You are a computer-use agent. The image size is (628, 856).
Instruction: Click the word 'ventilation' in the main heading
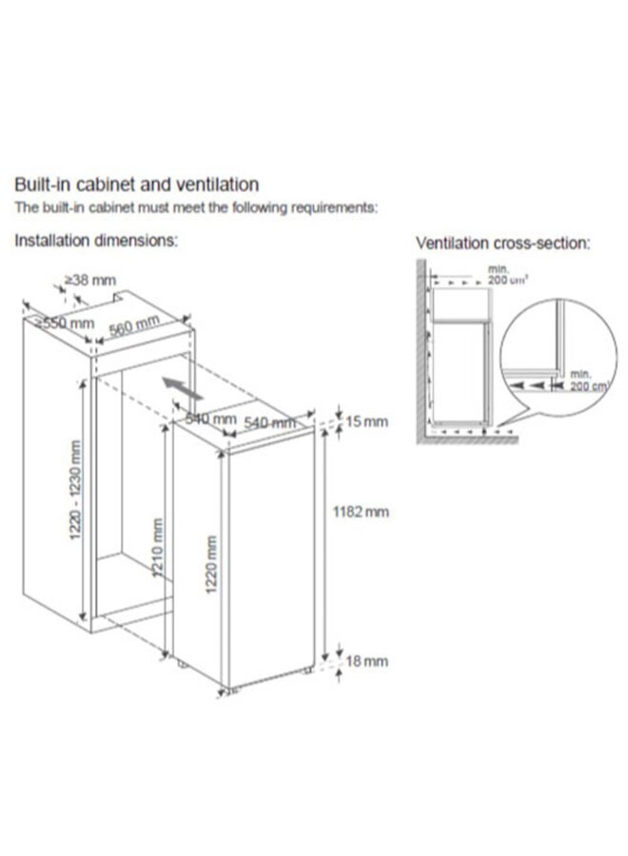tap(215, 185)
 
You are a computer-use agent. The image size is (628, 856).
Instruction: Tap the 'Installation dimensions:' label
tap(95, 242)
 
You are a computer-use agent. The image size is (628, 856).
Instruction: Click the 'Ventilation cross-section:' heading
tap(502, 243)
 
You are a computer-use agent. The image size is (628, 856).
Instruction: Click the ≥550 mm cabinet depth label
tap(65, 323)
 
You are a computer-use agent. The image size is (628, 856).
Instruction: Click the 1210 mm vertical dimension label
tap(158, 551)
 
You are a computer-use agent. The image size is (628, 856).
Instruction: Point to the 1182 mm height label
tap(361, 513)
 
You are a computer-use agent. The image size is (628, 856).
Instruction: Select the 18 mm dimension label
tap(364, 661)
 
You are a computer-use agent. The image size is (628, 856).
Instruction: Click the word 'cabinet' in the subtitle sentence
tap(94, 207)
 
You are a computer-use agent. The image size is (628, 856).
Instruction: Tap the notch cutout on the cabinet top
tap(117, 298)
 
